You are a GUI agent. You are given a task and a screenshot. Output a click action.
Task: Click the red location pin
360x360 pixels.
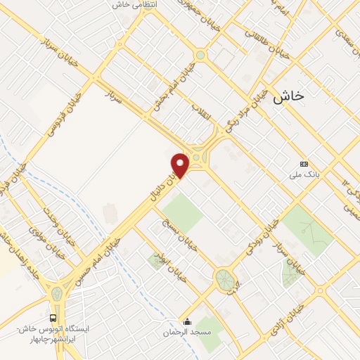coord(181,165)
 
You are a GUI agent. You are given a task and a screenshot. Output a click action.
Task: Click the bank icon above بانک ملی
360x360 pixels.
coord(303,163)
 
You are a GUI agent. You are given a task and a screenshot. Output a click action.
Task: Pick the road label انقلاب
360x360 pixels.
coord(202,117)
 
